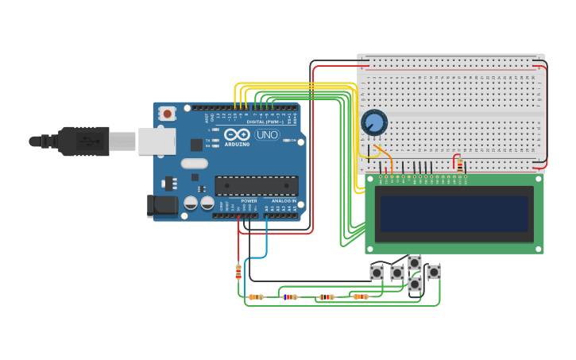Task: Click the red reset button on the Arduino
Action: (x=167, y=114)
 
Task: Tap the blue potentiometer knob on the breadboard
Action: (x=373, y=122)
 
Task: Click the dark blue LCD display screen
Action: (x=454, y=214)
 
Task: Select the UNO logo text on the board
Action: (x=267, y=135)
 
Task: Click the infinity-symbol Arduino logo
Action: (x=237, y=135)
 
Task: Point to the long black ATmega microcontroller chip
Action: (x=257, y=186)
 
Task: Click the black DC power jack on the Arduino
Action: (x=163, y=206)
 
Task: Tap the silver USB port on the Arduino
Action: (x=157, y=141)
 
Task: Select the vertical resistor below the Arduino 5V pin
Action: (x=238, y=272)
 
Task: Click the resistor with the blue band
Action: (x=290, y=297)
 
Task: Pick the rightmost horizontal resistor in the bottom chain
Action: (x=361, y=296)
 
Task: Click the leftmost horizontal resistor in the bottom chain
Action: (x=256, y=297)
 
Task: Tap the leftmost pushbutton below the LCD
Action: (x=377, y=273)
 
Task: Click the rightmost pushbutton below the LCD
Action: (x=433, y=272)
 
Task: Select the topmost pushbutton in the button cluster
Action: (x=414, y=262)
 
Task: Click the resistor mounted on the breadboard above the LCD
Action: (x=459, y=165)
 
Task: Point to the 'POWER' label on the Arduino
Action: (x=249, y=201)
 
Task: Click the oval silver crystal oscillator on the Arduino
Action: (x=194, y=164)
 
